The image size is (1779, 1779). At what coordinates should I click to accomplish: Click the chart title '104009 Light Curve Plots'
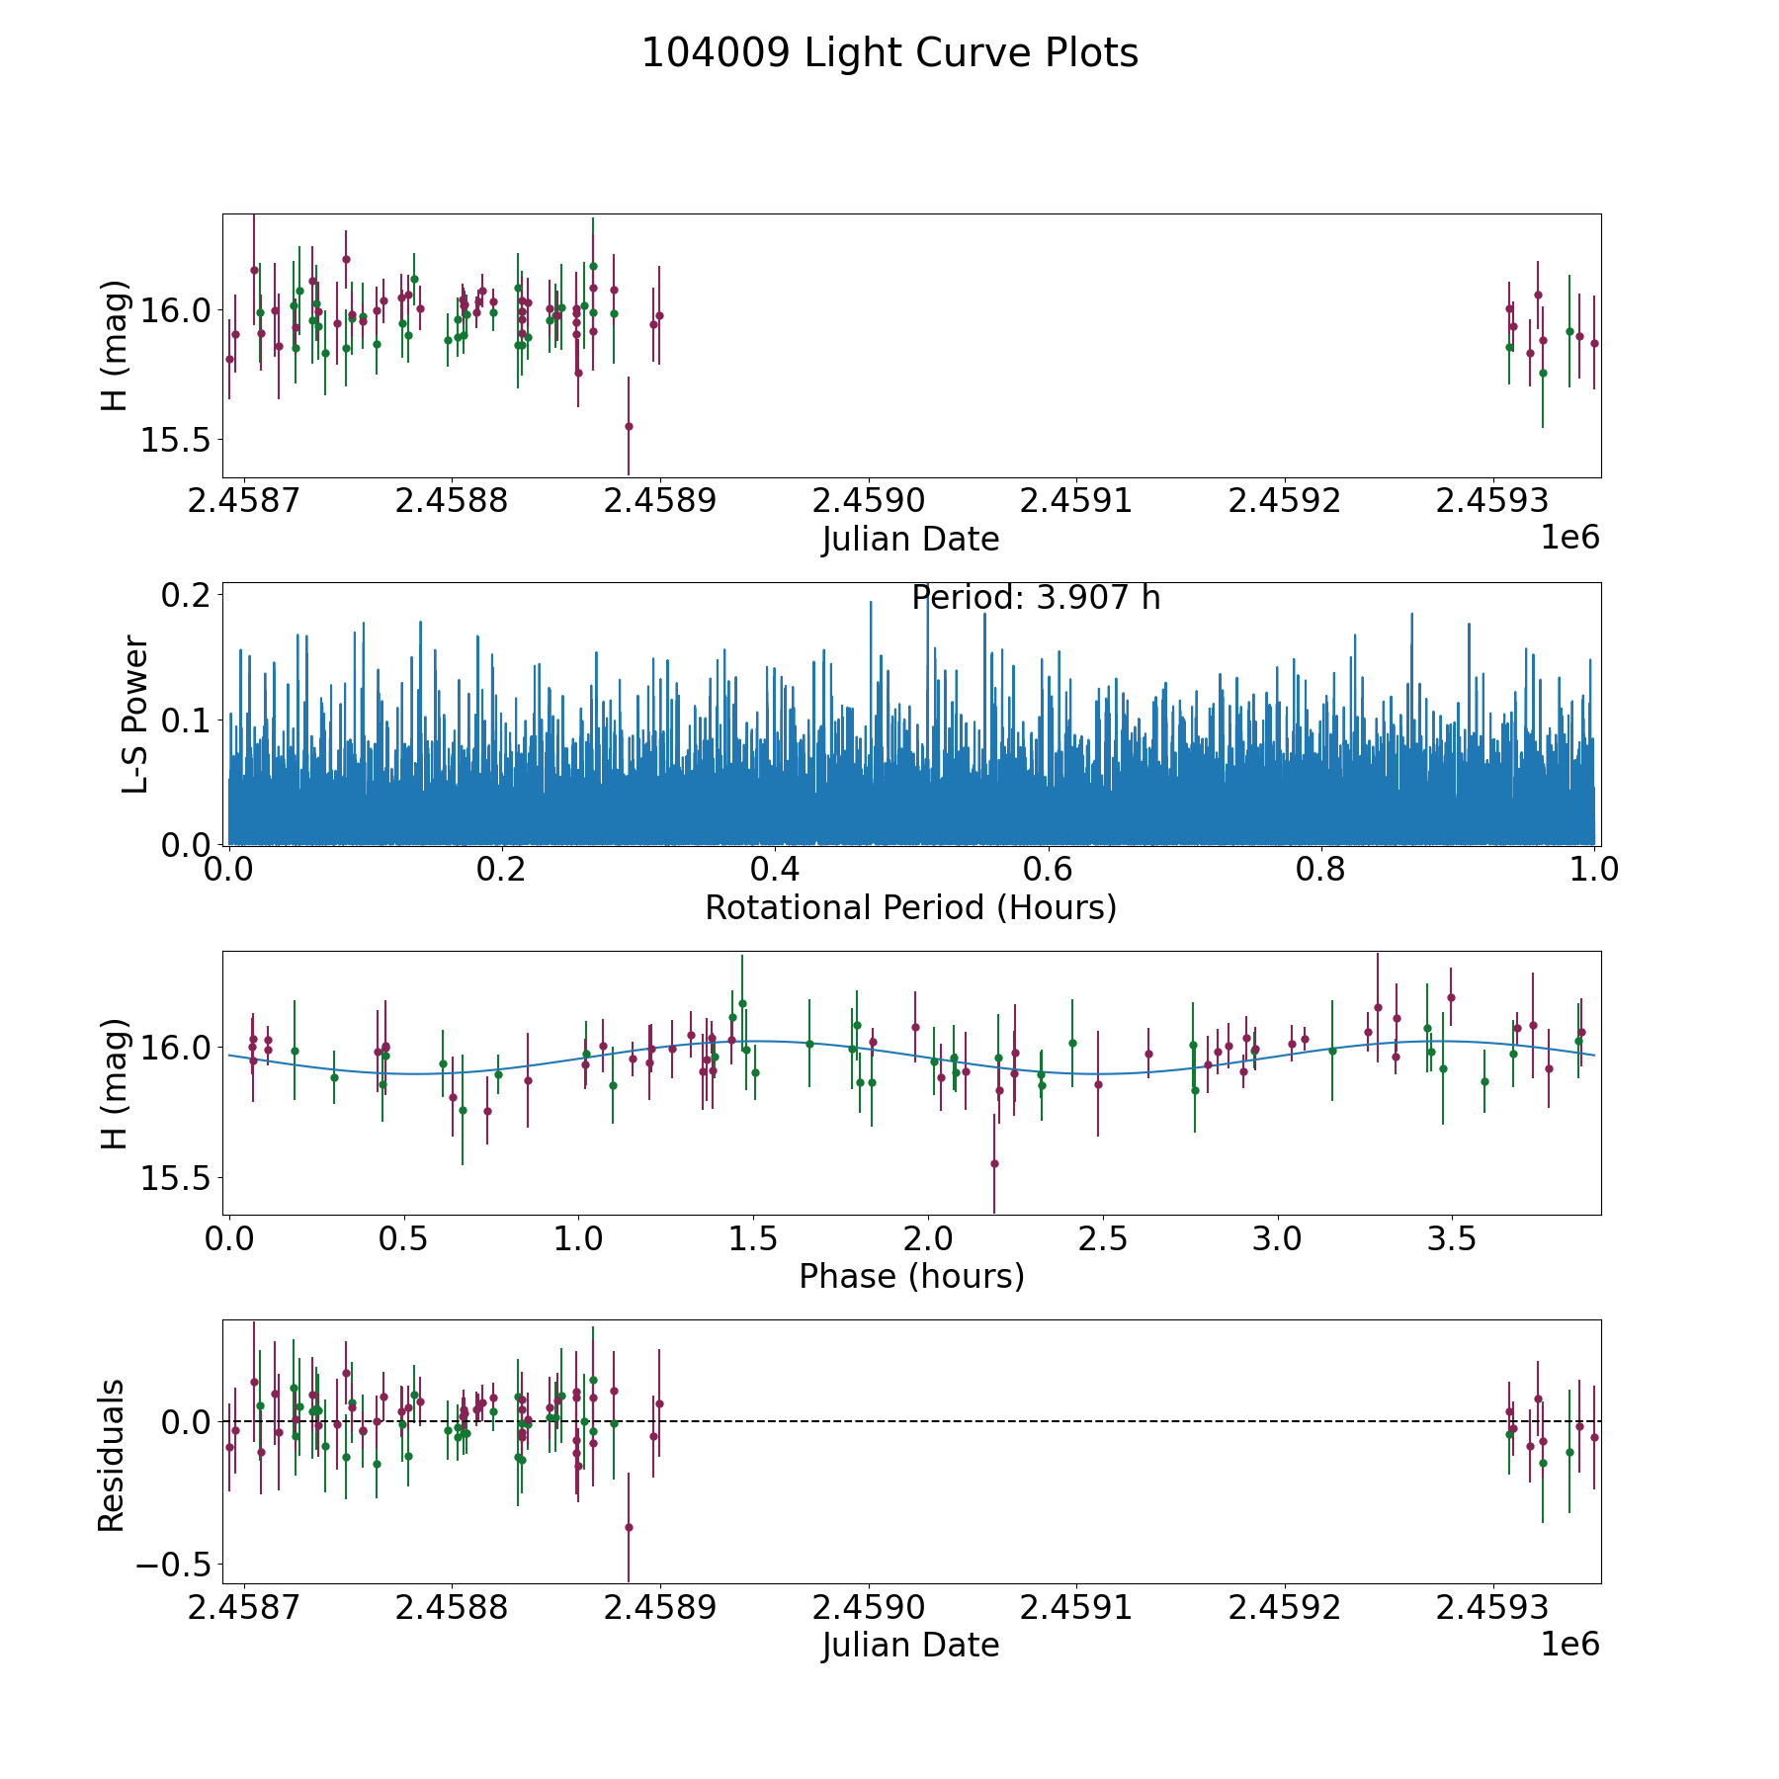(x=889, y=53)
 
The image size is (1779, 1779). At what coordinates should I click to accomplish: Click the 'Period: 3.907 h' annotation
(x=1035, y=598)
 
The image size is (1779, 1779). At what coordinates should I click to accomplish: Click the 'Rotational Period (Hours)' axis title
(x=910, y=907)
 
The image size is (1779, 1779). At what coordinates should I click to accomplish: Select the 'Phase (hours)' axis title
(x=911, y=1276)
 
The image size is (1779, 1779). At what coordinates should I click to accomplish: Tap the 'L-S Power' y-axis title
(x=135, y=714)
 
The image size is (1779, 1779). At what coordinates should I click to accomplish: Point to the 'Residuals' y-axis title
(x=111, y=1455)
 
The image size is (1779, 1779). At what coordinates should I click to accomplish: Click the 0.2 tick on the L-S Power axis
(x=188, y=595)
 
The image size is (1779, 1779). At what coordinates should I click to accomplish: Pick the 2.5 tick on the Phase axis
(x=1103, y=1238)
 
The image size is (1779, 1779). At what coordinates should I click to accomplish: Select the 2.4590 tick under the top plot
(x=868, y=501)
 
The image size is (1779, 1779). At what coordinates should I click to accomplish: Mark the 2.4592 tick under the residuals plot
(x=1285, y=1607)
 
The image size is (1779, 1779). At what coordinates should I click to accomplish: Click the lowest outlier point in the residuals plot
(x=629, y=1527)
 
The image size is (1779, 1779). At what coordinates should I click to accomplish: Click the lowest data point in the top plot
(x=629, y=426)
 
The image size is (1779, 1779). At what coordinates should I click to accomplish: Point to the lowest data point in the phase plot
(x=994, y=1163)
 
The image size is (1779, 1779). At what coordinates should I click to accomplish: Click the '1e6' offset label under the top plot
(x=1569, y=538)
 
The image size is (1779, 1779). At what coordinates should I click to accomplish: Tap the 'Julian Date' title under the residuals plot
(x=910, y=1645)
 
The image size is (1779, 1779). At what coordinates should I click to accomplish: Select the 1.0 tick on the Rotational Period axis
(x=1594, y=870)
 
